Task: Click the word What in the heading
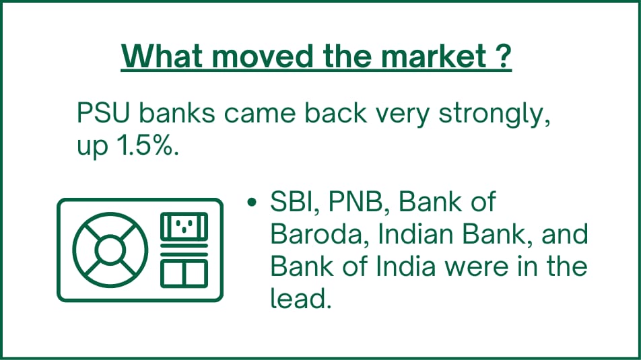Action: tap(162, 56)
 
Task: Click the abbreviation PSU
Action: tap(103, 113)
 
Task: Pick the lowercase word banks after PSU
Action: tap(177, 112)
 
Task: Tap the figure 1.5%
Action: tap(147, 145)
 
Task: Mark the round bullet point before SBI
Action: tap(252, 203)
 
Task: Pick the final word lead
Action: tap(300, 298)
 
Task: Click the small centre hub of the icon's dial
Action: tap(110, 250)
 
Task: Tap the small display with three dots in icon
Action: tap(184, 226)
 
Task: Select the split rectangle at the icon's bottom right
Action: tap(184, 273)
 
